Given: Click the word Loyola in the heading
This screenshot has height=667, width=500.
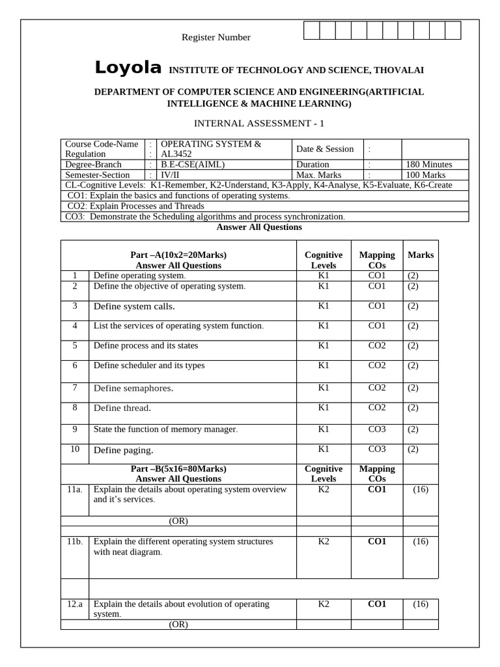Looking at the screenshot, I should click(128, 68).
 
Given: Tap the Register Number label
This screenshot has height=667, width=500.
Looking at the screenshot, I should click(215, 38).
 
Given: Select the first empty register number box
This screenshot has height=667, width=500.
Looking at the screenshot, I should click(311, 30).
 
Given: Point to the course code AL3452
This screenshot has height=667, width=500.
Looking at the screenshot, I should click(176, 154).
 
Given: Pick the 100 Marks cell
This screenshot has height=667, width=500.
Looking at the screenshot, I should click(425, 175).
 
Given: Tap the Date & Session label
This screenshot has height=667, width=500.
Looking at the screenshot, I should click(326, 149).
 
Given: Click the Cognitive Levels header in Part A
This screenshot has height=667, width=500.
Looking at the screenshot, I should click(324, 260).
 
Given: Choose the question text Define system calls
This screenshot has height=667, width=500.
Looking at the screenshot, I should click(134, 306).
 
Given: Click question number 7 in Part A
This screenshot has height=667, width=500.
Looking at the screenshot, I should click(76, 388).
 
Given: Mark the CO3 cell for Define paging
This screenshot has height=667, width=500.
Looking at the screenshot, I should click(377, 449).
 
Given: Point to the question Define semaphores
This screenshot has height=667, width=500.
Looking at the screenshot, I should click(134, 388).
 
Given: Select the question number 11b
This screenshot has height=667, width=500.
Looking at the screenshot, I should click(74, 541).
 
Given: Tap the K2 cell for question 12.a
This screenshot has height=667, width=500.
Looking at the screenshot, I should click(324, 604).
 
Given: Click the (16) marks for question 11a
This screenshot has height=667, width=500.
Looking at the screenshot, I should click(421, 489).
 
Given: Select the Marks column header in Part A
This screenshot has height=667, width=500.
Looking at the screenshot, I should click(421, 255).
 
